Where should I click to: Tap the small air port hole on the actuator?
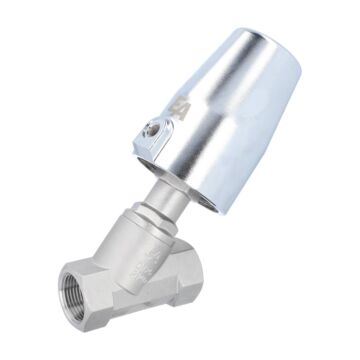[x=151, y=127]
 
